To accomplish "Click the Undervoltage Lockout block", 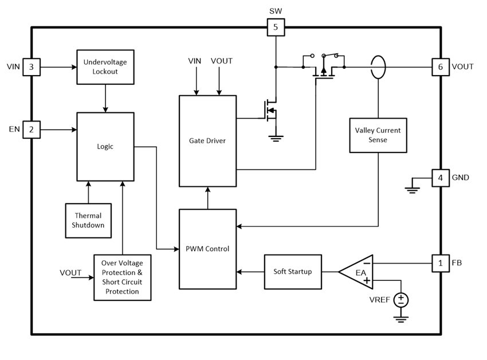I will [x=105, y=67].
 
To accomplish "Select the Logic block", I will [x=105, y=146].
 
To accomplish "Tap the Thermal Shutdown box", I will [x=88, y=220].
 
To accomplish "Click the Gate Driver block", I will [x=207, y=140].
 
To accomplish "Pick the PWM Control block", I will [x=207, y=249].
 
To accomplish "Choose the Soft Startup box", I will [x=293, y=271].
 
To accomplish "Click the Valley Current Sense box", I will [x=378, y=135].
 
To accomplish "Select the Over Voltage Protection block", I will [x=122, y=277].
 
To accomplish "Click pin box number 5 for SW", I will [x=276, y=26].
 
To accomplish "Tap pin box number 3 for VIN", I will [x=31, y=67].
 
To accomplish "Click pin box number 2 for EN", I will [x=31, y=130].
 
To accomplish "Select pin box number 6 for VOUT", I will [x=440, y=67].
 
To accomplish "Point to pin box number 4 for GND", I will [x=440, y=178].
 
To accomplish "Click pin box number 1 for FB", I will [x=440, y=263].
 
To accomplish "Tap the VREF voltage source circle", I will [x=400, y=299].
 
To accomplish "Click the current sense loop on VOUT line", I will [x=378, y=67].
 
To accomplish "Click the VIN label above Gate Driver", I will [x=196, y=61].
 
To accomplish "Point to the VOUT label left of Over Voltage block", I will [x=70, y=272].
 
